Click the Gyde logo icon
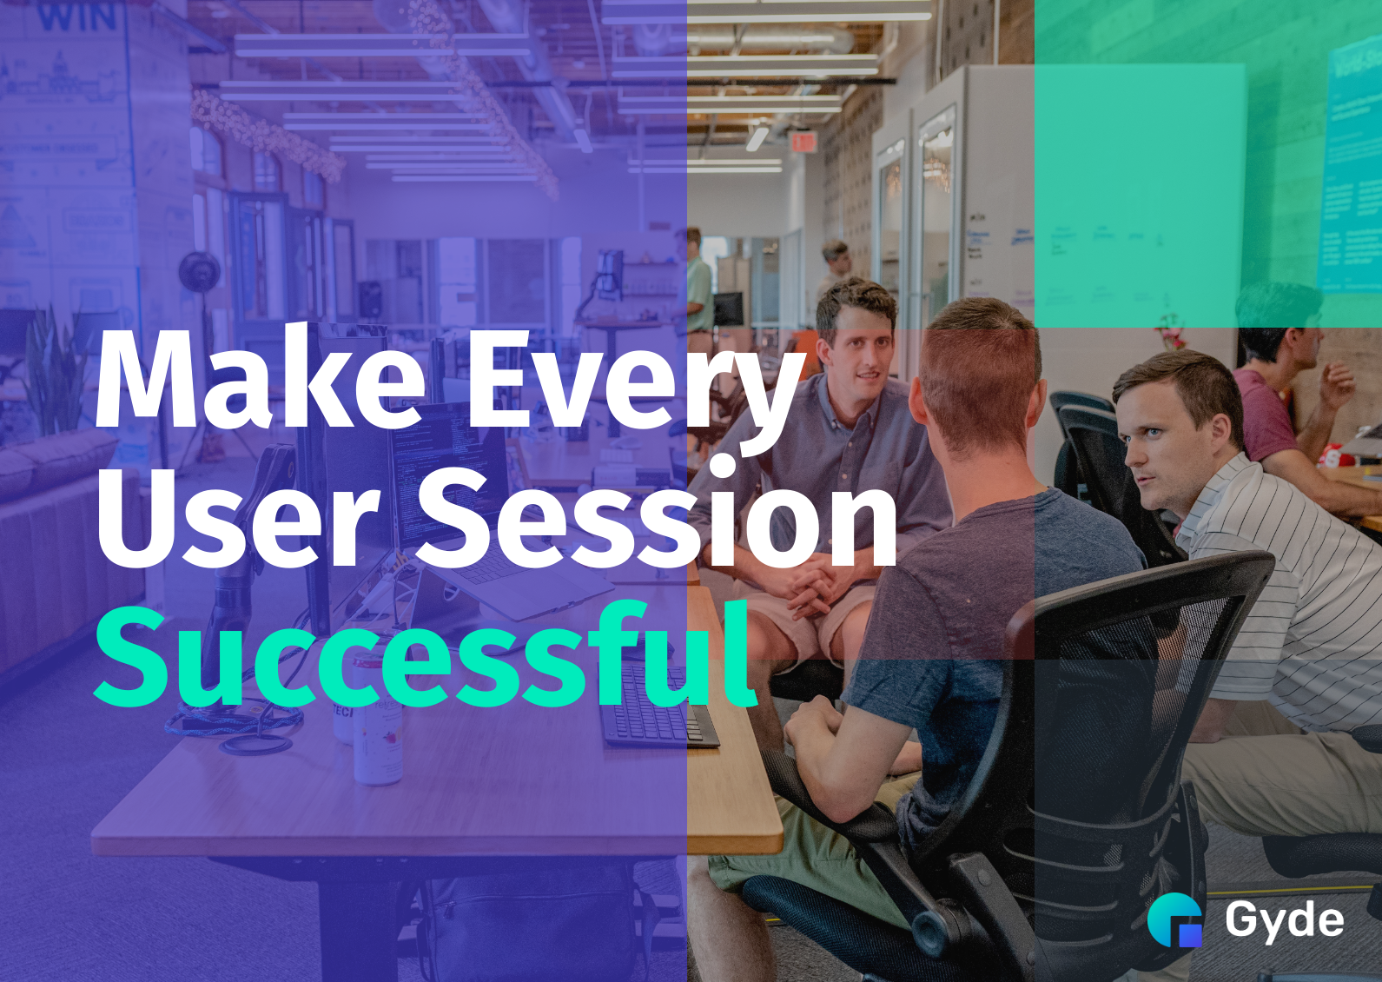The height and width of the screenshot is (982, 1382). point(1175,919)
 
